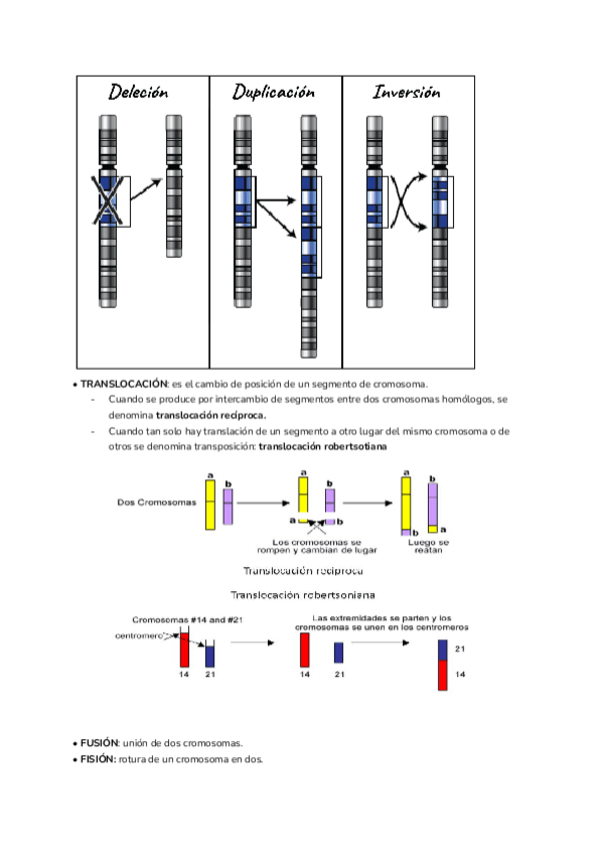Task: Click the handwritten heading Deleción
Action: coord(139,92)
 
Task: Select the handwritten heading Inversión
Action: coord(407,92)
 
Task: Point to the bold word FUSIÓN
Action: coord(99,743)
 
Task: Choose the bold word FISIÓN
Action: coord(98,758)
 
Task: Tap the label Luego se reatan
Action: coord(429,547)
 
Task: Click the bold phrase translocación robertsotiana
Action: coord(322,446)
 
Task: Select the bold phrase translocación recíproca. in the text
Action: coord(211,414)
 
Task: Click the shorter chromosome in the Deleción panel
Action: coord(173,187)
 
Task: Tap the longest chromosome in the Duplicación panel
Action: coord(309,237)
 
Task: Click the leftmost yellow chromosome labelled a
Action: coord(211,504)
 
